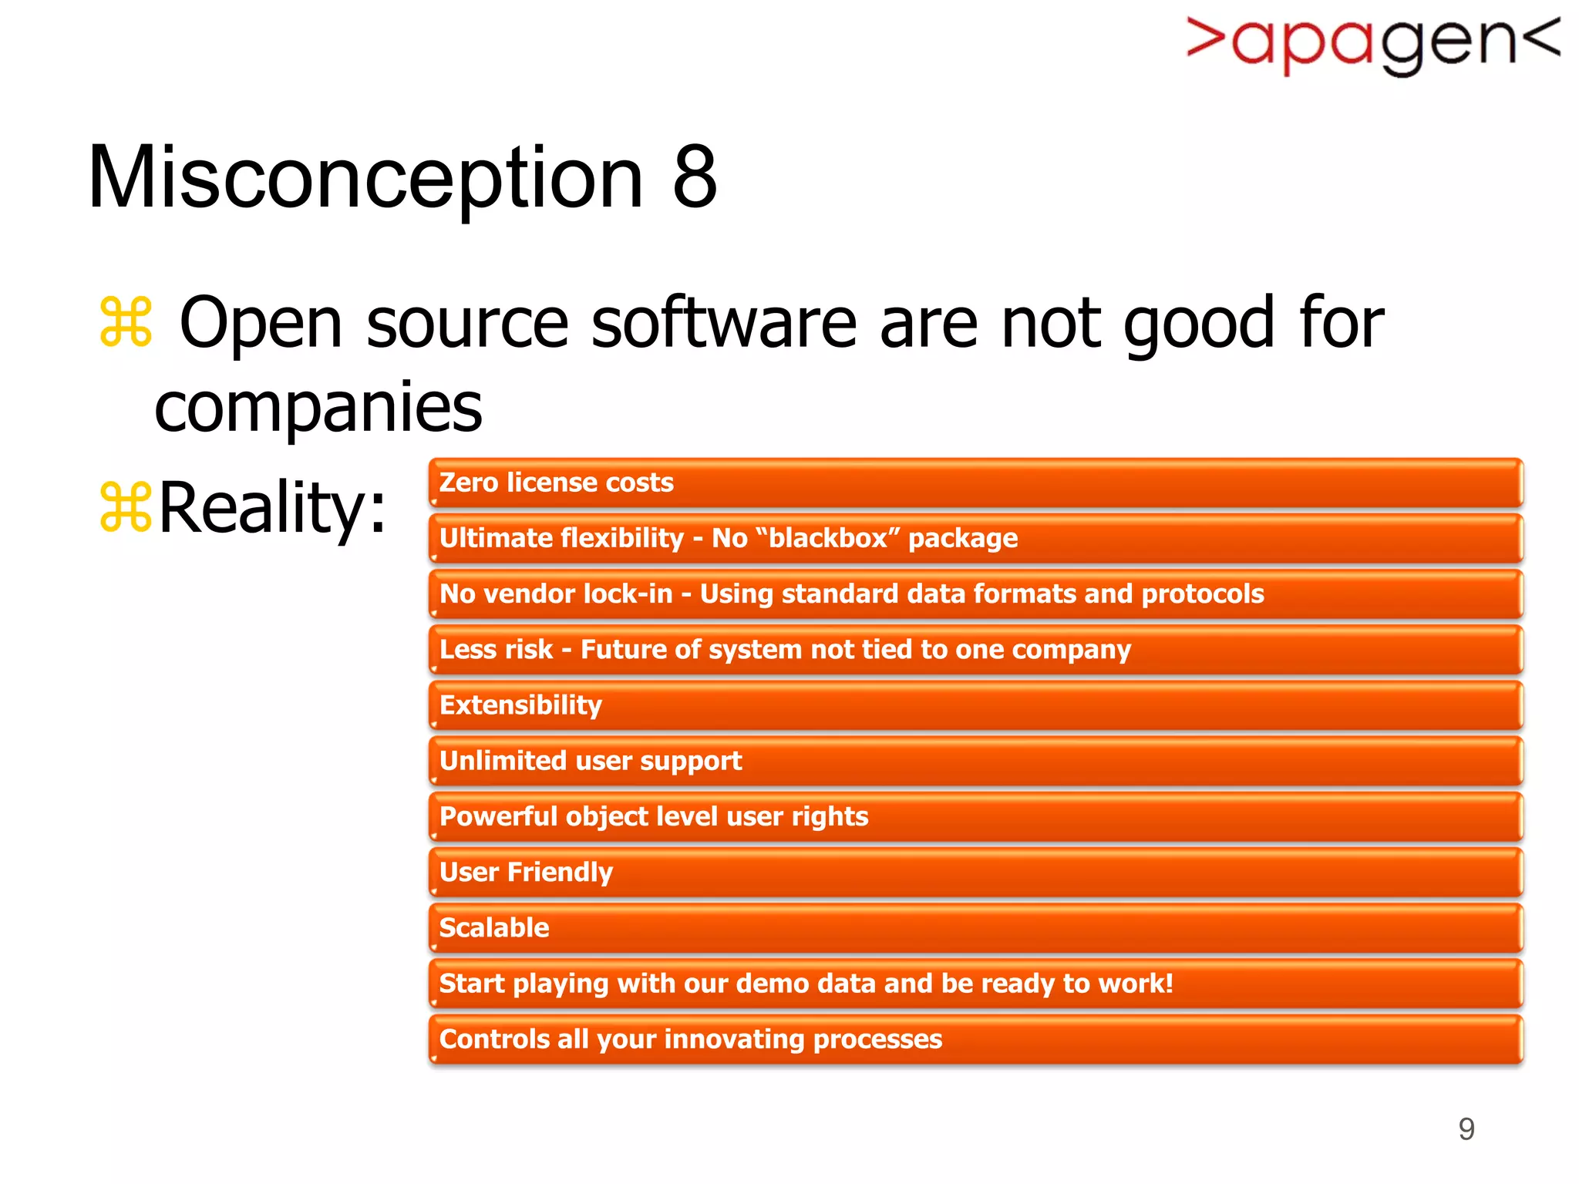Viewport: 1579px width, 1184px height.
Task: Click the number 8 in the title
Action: pyautogui.click(x=695, y=178)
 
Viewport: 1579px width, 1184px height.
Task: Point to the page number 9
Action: pyautogui.click(x=1466, y=1129)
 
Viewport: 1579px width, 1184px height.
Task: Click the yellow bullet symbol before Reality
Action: pyautogui.click(x=126, y=506)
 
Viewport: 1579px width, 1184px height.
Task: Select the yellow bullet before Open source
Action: pyautogui.click(x=126, y=322)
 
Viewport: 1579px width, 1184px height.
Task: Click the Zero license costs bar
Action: pyautogui.click(x=975, y=483)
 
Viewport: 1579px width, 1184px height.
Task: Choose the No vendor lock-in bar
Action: pyautogui.click(x=975, y=594)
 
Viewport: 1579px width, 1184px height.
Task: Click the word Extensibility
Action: pyautogui.click(x=520, y=705)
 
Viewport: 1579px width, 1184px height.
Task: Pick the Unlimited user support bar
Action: pyautogui.click(x=975, y=762)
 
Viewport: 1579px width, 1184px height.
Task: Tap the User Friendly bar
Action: pyautogui.click(x=975, y=873)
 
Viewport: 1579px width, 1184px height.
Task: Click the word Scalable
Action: pyautogui.click(x=494, y=928)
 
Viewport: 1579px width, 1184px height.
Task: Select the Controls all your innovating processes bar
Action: pyautogui.click(x=975, y=1040)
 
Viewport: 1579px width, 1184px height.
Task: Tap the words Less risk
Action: pyautogui.click(x=496, y=650)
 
